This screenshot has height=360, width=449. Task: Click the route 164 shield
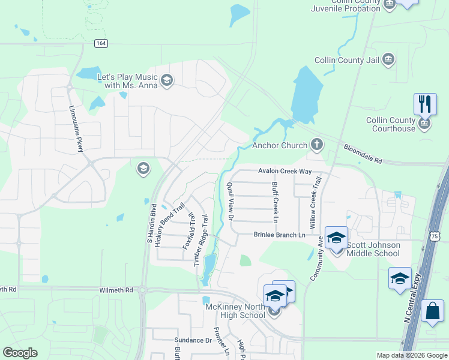100,43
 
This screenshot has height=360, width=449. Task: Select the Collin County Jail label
348,61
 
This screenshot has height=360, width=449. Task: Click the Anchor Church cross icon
316,145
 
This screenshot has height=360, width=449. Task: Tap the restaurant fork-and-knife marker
424,104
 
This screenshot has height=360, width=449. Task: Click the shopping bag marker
432,312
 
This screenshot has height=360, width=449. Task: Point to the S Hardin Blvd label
151,223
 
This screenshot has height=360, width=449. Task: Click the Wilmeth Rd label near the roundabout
116,290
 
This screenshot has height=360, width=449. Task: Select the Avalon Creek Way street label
285,172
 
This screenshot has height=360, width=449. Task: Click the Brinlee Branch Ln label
279,235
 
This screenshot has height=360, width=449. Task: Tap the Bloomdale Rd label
363,154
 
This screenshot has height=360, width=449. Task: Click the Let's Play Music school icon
167,80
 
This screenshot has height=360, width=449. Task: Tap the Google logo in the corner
20,353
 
